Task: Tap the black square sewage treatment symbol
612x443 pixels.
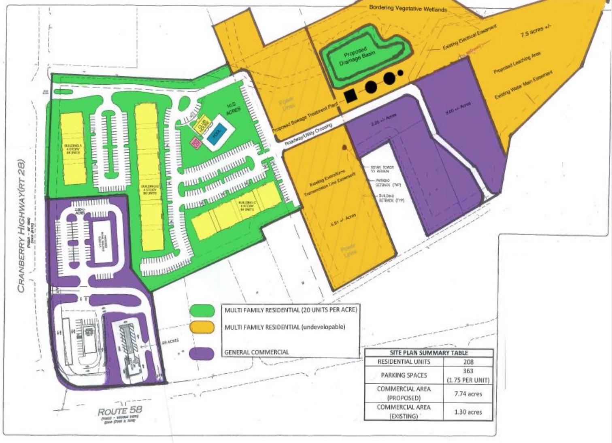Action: pos(350,96)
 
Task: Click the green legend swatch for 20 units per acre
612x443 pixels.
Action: pos(202,310)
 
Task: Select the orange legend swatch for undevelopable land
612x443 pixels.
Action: pos(202,327)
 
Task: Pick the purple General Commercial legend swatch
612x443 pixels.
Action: pos(202,353)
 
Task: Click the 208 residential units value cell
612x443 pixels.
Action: pos(468,362)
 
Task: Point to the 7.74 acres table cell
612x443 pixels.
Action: pos(468,394)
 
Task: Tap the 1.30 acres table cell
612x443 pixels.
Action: pos(468,412)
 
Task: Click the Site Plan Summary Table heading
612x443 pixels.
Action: pos(429,353)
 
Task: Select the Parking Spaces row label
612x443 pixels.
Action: pos(404,375)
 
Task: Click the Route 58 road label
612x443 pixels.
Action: pos(120,412)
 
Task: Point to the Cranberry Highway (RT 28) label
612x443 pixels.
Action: pos(21,226)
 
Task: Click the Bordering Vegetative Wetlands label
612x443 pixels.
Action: pos(408,8)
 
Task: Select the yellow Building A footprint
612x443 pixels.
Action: pos(73,148)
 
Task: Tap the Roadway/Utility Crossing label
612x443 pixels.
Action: pos(308,135)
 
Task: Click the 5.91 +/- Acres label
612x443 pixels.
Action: pos(343,219)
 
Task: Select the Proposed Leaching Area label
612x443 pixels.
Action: pos(517,63)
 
